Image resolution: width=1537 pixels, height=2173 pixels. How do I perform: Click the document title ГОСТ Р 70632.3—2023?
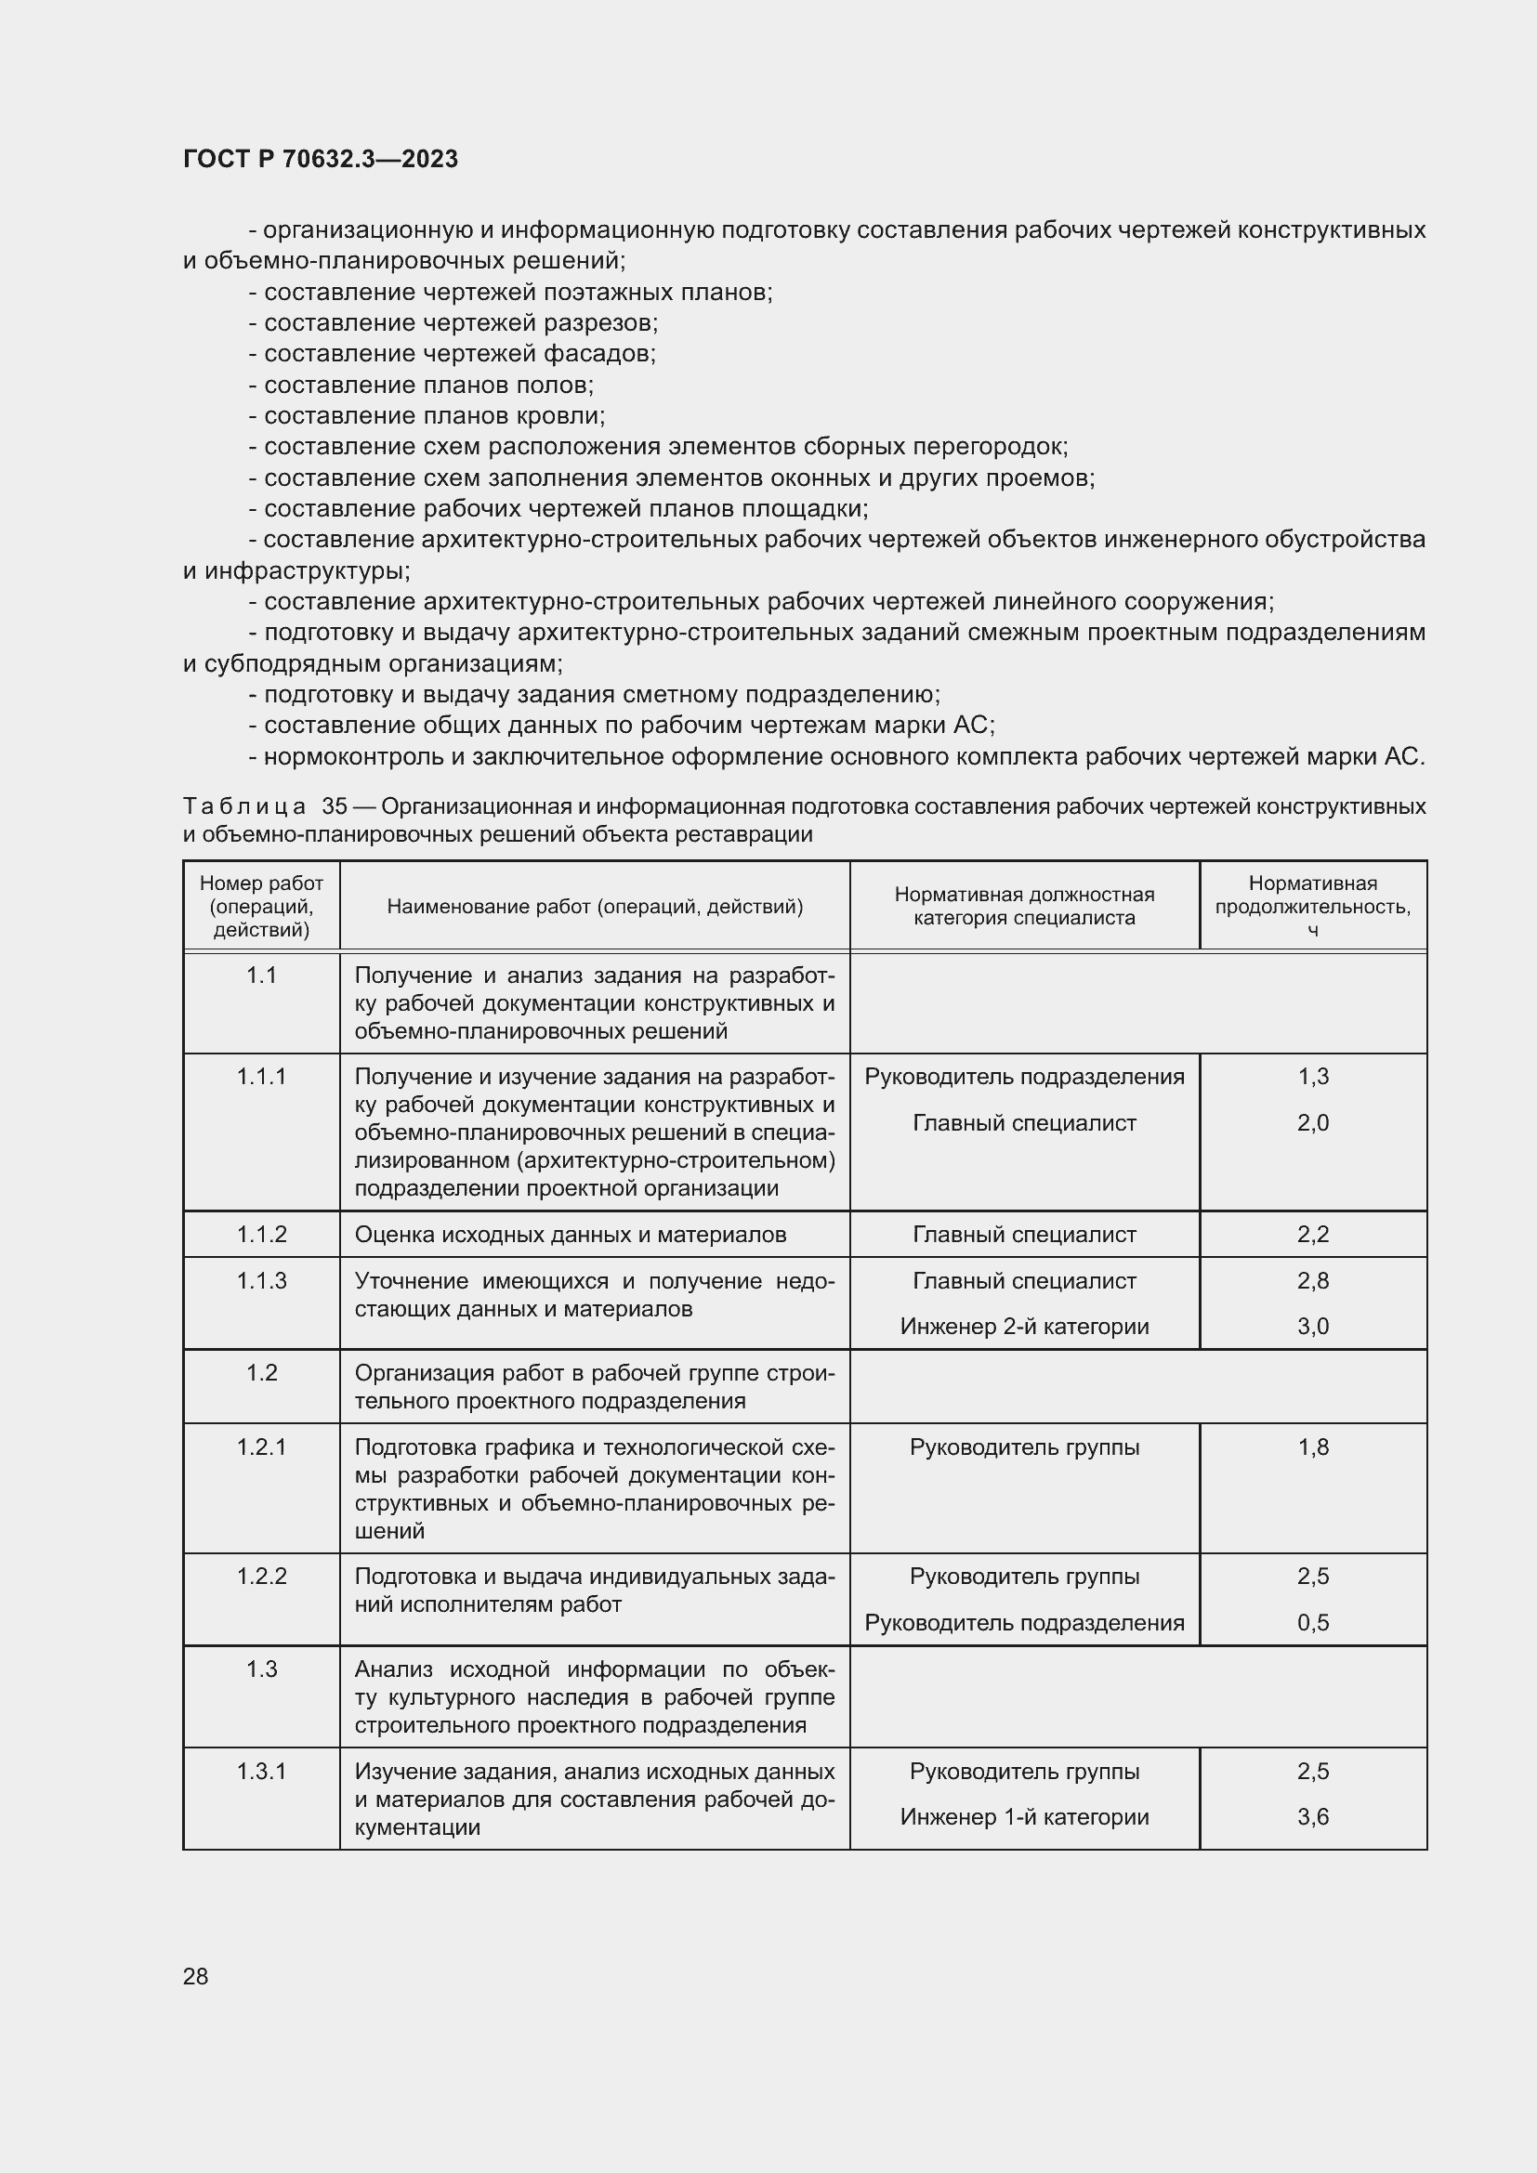[x=320, y=159]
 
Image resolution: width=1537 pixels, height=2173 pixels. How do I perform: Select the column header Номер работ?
[x=261, y=883]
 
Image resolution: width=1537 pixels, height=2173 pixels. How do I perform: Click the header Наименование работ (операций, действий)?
[x=595, y=907]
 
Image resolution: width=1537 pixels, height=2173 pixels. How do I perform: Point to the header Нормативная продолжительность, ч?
[x=1312, y=906]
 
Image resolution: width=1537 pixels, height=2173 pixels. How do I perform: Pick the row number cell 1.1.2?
[x=261, y=1234]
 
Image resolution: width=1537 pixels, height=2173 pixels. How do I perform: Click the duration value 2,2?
[x=1313, y=1234]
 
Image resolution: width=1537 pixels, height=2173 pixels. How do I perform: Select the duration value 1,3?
[x=1313, y=1076]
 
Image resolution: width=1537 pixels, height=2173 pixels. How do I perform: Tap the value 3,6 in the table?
[x=1313, y=1817]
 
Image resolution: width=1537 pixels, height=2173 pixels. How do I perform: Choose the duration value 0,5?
[x=1313, y=1623]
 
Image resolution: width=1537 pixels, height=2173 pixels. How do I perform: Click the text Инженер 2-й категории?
[x=1024, y=1327]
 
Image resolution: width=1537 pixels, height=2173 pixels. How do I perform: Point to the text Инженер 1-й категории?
[x=1024, y=1817]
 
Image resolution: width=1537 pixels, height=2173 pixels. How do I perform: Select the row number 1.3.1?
[x=261, y=1771]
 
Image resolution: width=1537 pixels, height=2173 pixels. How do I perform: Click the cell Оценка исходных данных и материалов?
[x=570, y=1234]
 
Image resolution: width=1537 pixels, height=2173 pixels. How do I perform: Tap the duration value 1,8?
[x=1313, y=1447]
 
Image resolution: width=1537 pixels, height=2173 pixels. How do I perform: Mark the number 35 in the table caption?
[x=335, y=806]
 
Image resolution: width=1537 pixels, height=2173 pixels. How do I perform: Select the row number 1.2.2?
[x=261, y=1576]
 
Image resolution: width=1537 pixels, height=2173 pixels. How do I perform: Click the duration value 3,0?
[x=1313, y=1327]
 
